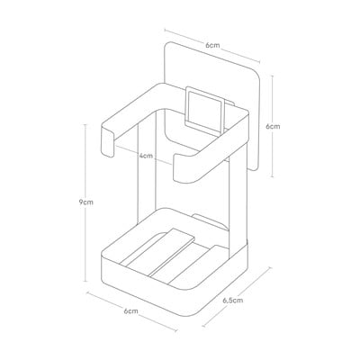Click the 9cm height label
86,202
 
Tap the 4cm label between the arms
146,156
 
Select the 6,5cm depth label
233,300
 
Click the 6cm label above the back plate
212,46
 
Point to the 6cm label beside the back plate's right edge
273,126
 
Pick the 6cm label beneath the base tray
131,310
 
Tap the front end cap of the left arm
107,142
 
